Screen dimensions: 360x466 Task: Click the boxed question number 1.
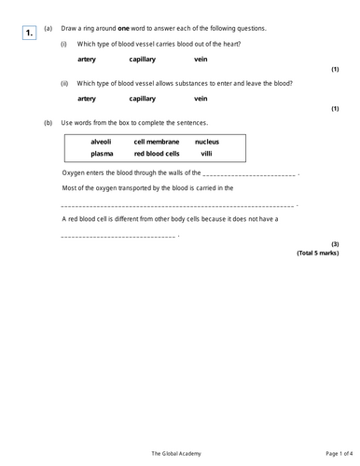[x=29, y=34]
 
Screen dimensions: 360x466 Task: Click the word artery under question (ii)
[x=87, y=98]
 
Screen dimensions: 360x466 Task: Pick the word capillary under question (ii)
[x=143, y=98]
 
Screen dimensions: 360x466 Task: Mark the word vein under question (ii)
[x=201, y=98]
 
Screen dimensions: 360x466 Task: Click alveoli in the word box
[x=101, y=142]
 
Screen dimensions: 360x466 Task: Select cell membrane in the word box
[x=156, y=142]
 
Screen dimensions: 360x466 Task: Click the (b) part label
[x=48, y=123]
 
